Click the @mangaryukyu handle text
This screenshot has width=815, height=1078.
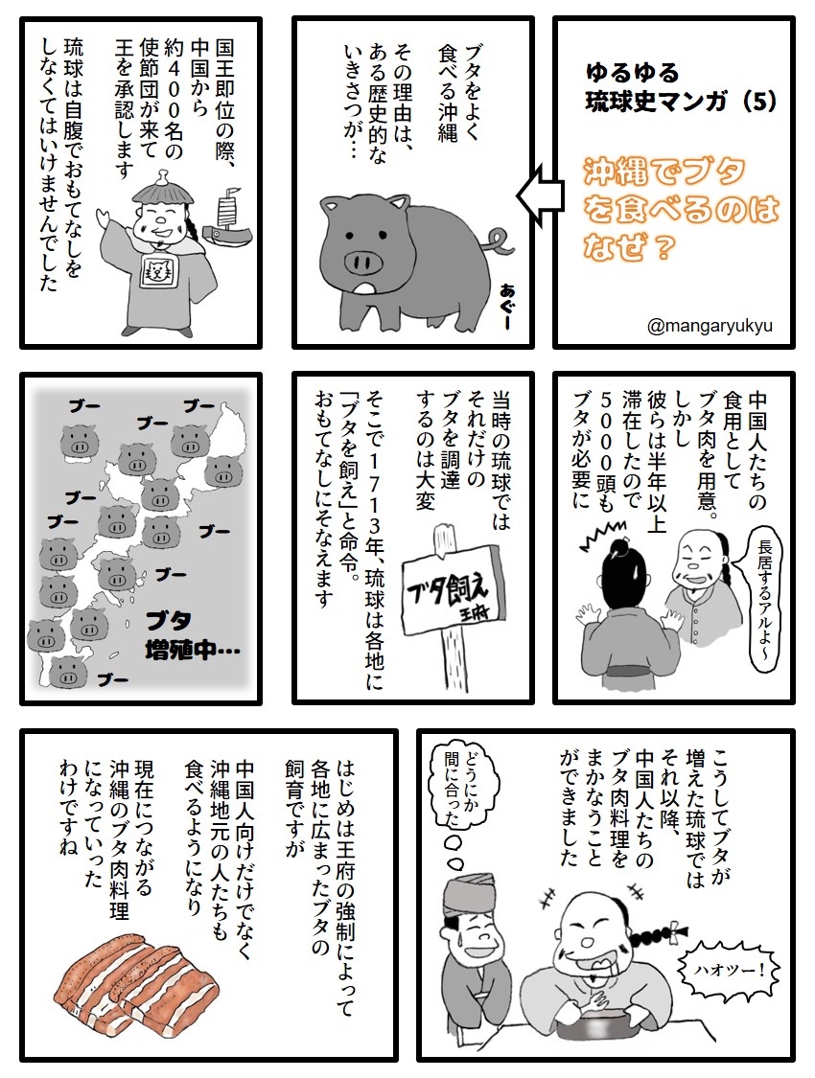(x=710, y=326)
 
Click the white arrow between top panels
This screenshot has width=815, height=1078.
(x=537, y=196)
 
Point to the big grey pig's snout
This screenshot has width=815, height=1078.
(x=365, y=260)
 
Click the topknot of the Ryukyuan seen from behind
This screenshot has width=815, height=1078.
(x=614, y=548)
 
